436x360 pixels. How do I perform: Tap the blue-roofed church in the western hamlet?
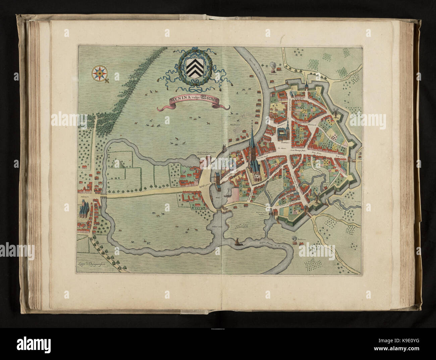click(83, 211)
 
